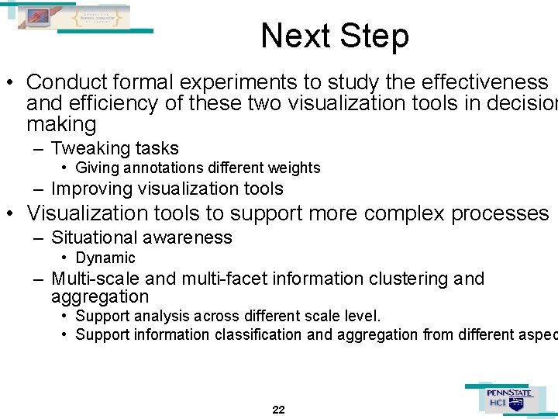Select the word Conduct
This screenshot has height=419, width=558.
coord(68,82)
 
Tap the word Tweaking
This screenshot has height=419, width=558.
coord(84,149)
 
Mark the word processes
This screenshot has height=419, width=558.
coord(500,213)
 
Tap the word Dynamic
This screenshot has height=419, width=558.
coord(105,258)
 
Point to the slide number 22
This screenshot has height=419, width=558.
coord(279,410)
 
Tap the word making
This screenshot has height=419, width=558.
coord(61,125)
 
